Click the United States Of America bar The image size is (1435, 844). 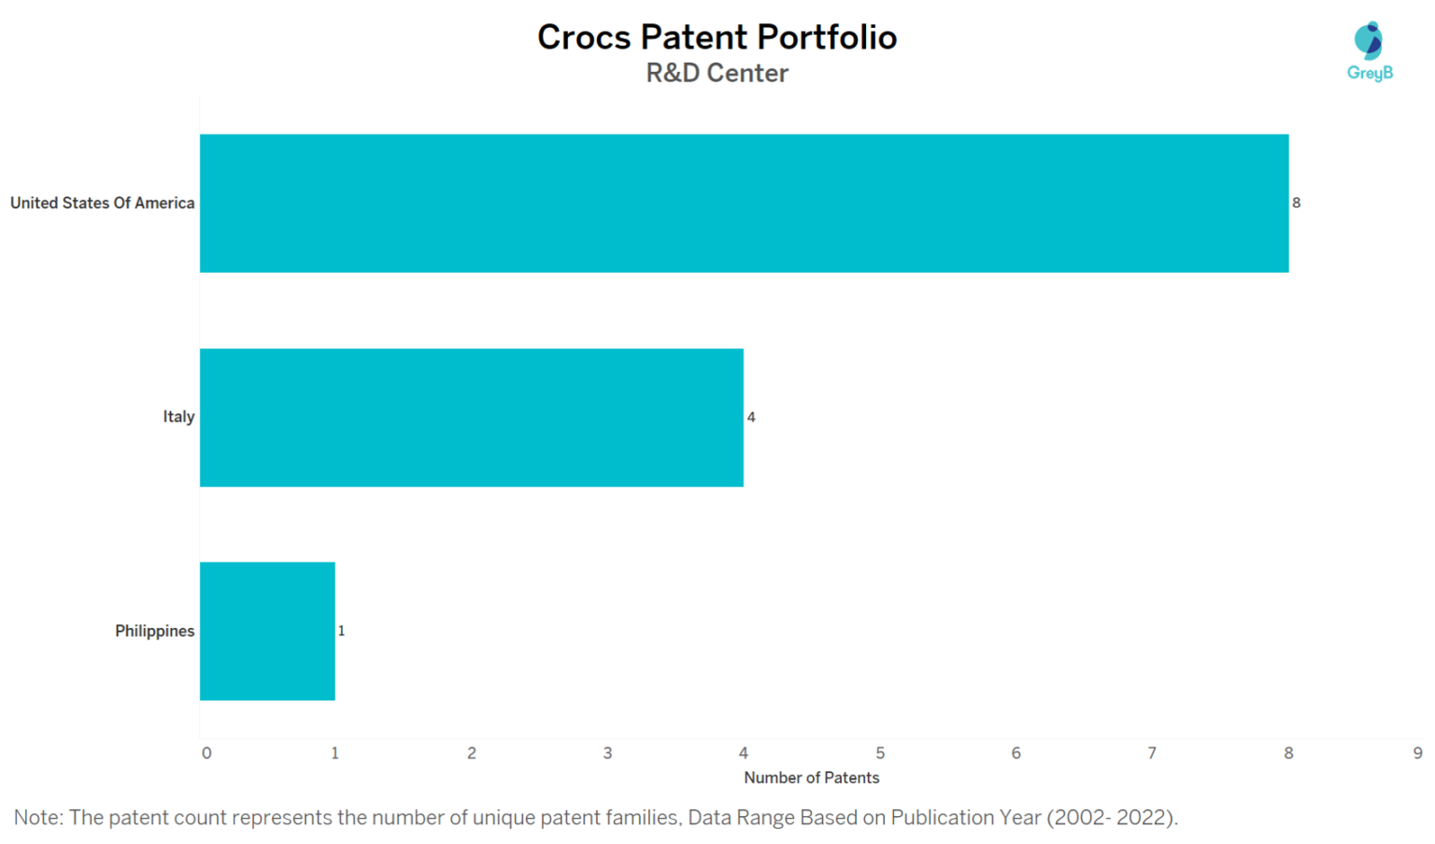click(744, 203)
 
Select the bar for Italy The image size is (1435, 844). click(471, 417)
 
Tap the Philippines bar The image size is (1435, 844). click(267, 631)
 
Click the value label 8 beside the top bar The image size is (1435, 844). click(1296, 203)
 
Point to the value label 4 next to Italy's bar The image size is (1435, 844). click(751, 417)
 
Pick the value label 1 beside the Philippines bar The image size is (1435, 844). click(341, 631)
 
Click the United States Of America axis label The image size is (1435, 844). click(102, 203)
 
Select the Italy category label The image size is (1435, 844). click(178, 417)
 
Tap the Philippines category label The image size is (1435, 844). click(154, 631)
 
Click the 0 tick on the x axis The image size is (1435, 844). click(206, 753)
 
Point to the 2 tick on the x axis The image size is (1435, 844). click(472, 753)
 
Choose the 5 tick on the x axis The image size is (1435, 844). click(880, 753)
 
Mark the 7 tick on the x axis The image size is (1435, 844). click(1152, 753)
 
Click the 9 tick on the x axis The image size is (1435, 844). click(1418, 753)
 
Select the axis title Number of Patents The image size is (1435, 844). click(811, 778)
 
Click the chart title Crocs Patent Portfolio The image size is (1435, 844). click(717, 37)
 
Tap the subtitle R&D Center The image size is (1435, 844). click(717, 73)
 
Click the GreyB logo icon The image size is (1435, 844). click(1369, 41)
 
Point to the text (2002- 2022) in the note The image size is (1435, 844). click(1111, 818)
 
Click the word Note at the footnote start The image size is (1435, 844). click(36, 818)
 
